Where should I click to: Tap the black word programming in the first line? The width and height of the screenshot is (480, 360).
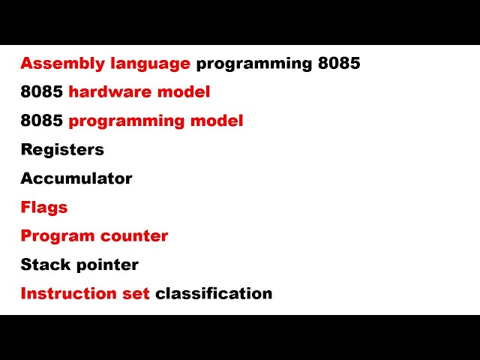tap(253, 64)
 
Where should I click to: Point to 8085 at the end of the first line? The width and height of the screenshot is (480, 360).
tap(339, 64)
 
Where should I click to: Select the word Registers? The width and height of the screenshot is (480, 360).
tap(62, 149)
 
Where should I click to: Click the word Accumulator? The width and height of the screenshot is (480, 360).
tap(76, 178)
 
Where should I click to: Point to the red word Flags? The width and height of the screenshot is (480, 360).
tap(44, 207)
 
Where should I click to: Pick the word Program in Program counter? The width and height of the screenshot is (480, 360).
tap(55, 236)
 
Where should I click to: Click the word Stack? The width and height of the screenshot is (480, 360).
tap(43, 265)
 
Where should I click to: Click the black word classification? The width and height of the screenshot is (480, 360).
tap(214, 293)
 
